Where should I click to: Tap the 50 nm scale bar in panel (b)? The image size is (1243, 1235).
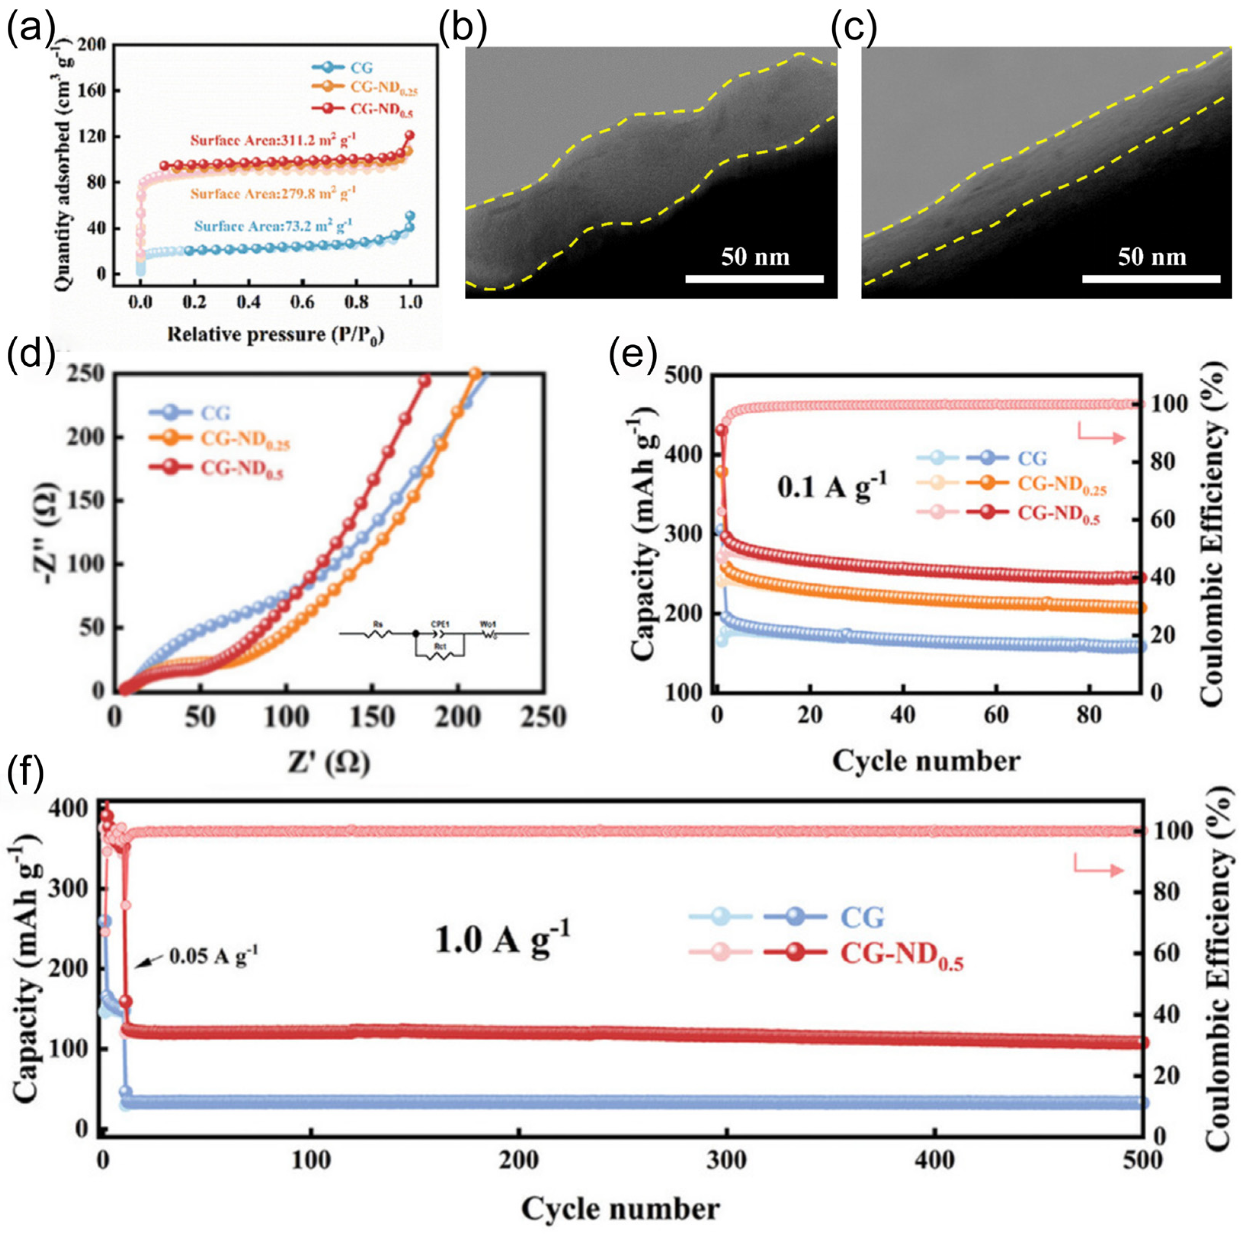pos(754,279)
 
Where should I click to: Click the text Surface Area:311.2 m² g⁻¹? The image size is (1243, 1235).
pos(273,140)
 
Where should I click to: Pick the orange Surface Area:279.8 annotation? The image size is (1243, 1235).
pos(273,193)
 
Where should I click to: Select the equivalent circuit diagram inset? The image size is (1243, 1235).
pos(434,637)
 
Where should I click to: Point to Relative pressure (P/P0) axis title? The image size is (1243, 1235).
pos(275,335)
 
